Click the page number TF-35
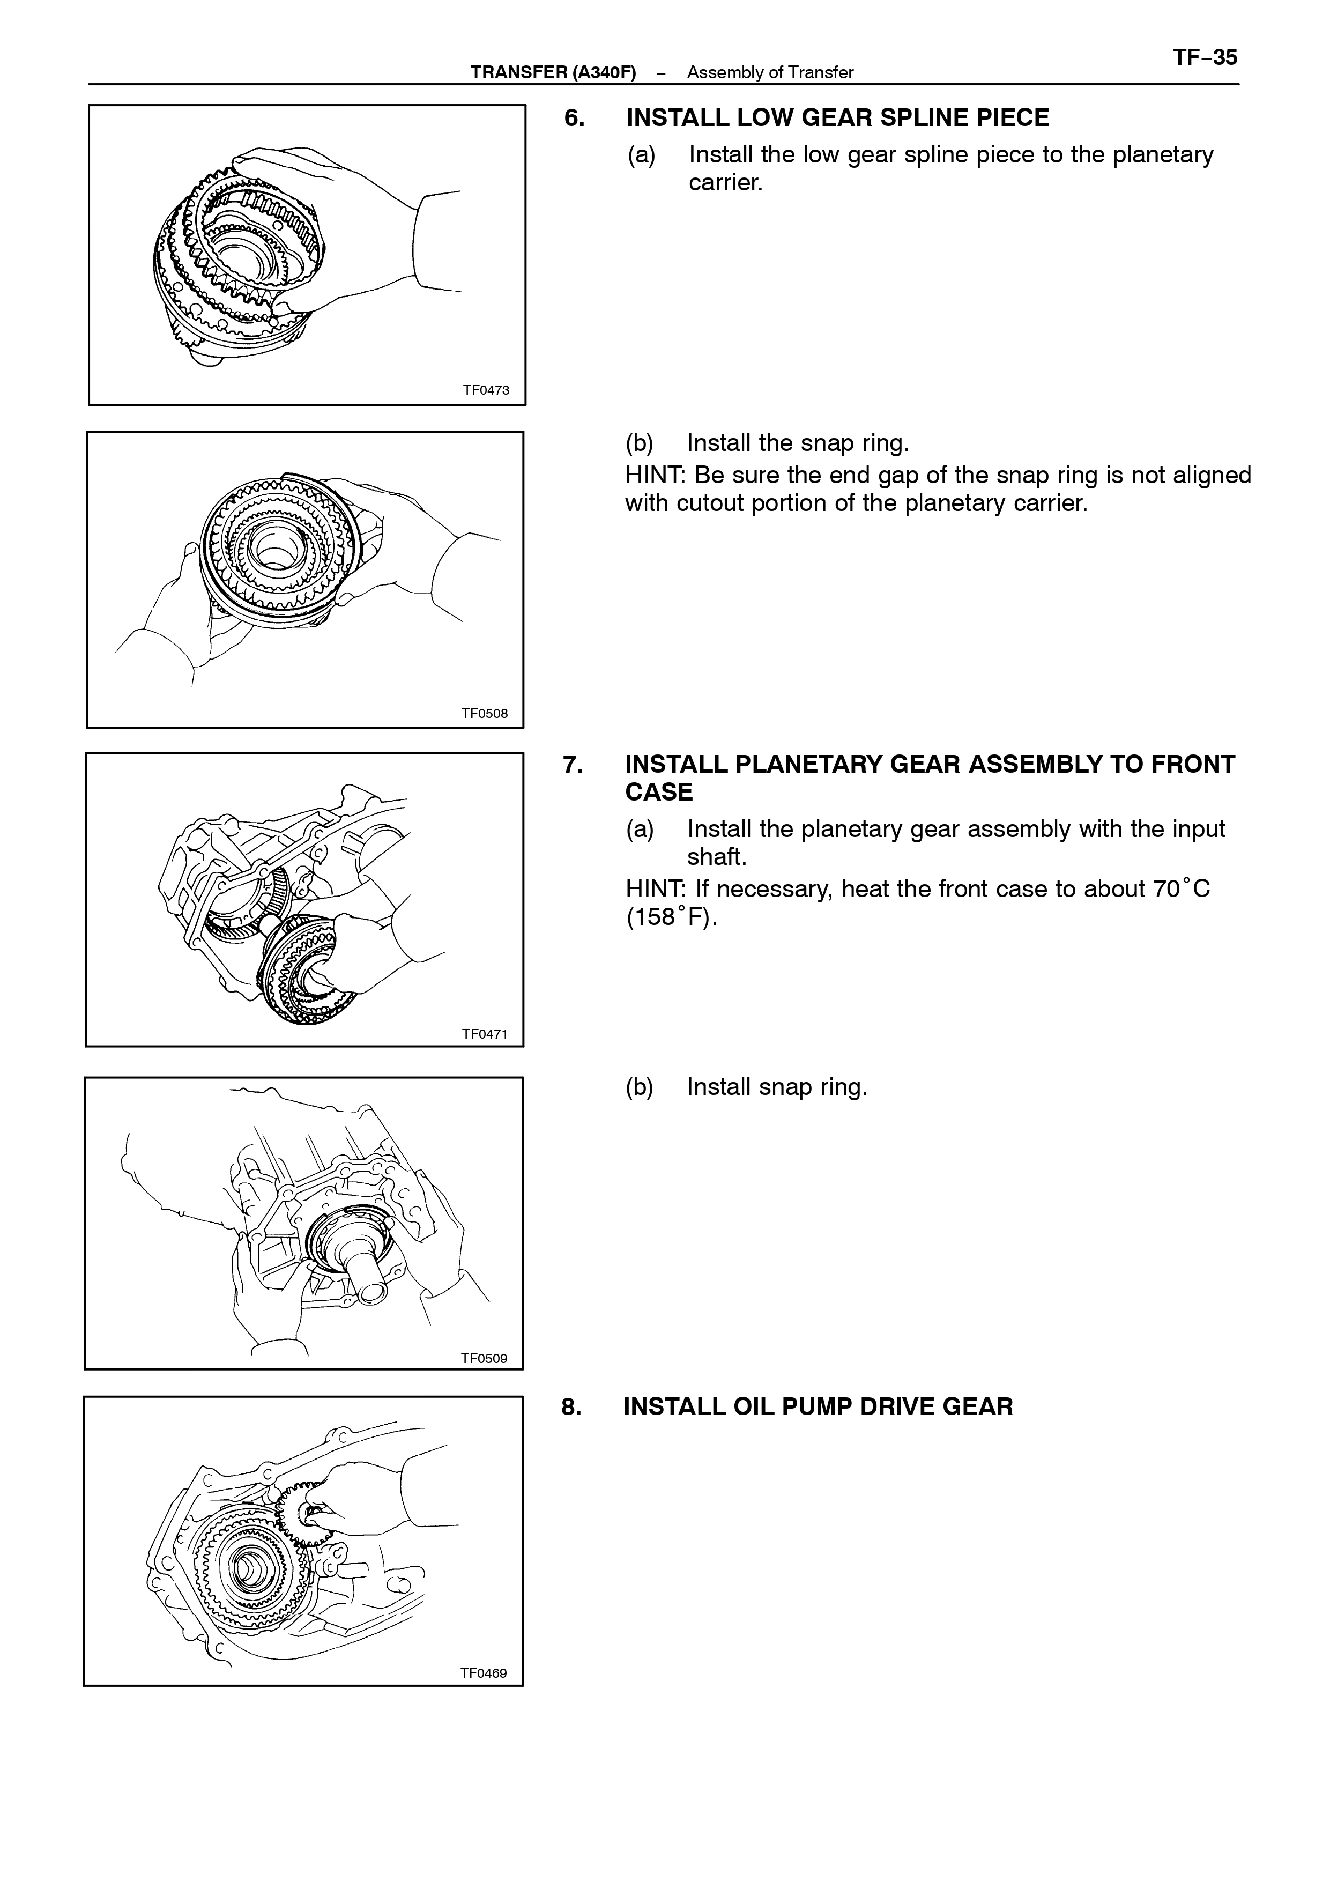tap(1205, 58)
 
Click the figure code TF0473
tap(486, 390)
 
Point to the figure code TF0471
tap(484, 1034)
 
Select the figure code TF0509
tap(484, 1358)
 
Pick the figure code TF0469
tap(483, 1673)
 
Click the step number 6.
tap(574, 118)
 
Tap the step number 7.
tap(573, 765)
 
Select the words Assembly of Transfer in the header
tap(770, 73)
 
